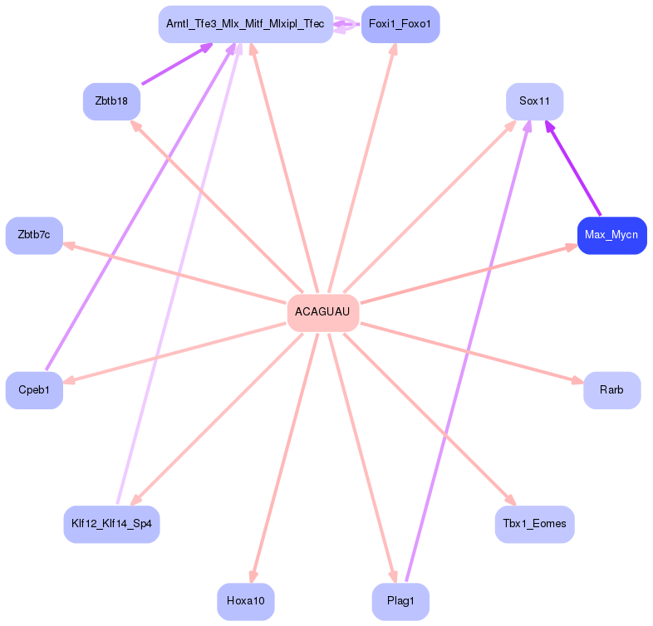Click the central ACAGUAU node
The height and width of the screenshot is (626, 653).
(x=323, y=313)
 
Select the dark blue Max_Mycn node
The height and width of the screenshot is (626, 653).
(x=611, y=236)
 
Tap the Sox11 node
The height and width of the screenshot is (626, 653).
(x=535, y=101)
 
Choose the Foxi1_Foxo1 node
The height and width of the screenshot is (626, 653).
(x=400, y=24)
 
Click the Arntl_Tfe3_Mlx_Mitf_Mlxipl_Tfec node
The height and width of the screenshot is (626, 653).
(x=245, y=24)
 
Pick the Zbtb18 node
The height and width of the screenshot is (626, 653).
(x=111, y=101)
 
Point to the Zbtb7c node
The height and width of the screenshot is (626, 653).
(x=34, y=236)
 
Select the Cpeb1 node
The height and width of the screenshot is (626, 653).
(x=34, y=390)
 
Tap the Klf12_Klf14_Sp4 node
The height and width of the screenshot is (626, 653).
(x=111, y=525)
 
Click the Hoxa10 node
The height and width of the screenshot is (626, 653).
(x=246, y=601)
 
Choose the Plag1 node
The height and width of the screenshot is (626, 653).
(x=400, y=601)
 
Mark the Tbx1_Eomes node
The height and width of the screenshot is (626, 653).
(x=535, y=525)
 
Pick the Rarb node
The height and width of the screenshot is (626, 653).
(x=611, y=390)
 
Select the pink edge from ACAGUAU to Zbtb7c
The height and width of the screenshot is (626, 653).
(x=174, y=273)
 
